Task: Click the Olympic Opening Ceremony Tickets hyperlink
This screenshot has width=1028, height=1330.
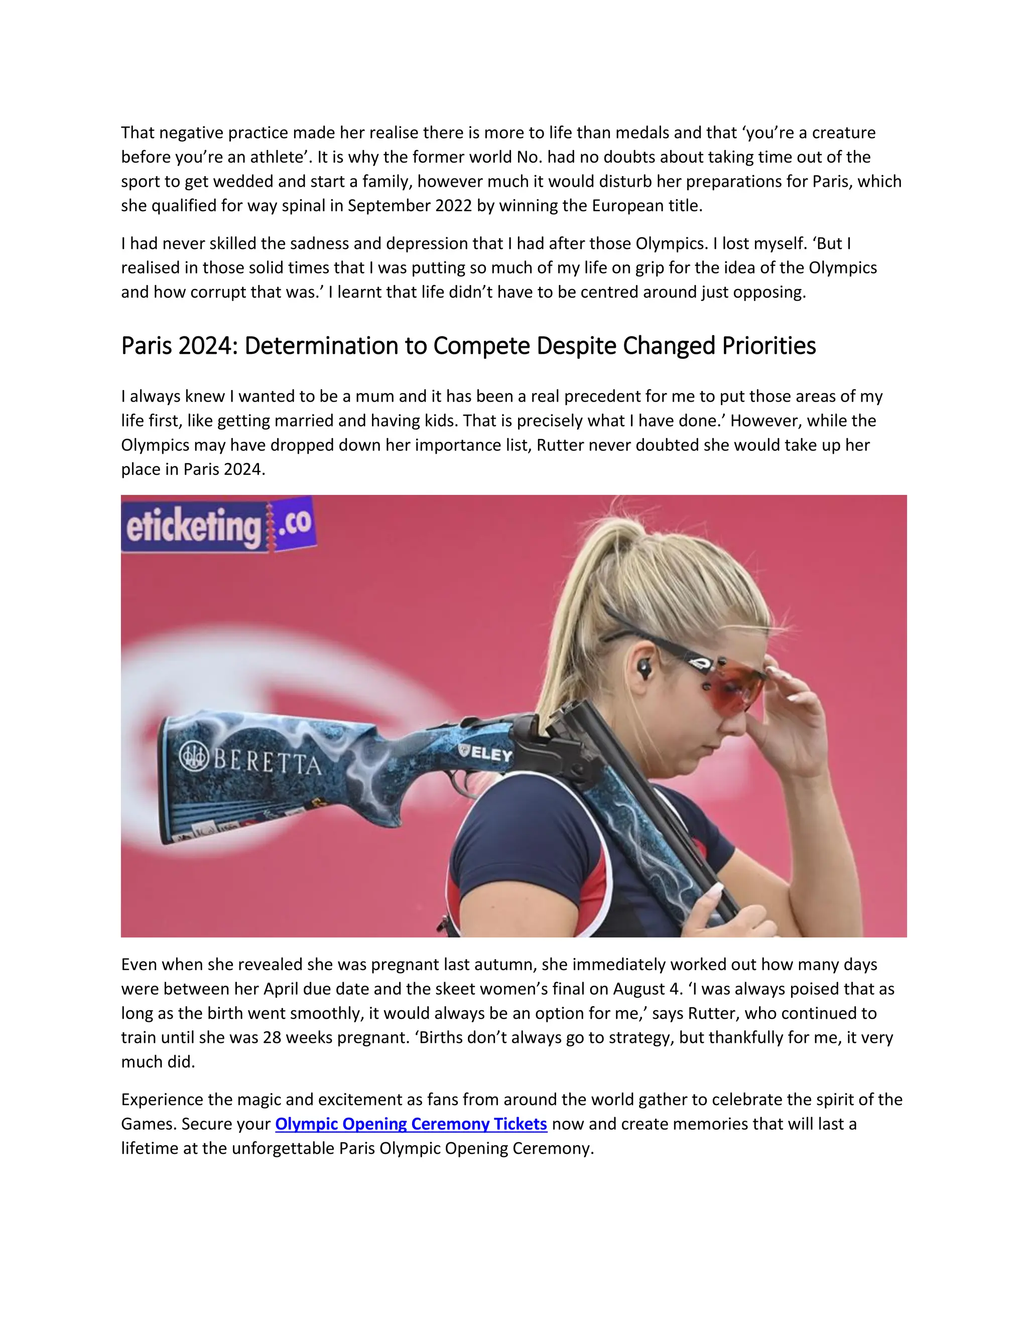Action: [x=411, y=1124]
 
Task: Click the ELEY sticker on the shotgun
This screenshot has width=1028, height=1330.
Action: [x=486, y=753]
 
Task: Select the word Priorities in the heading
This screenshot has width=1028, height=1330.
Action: [x=768, y=346]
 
